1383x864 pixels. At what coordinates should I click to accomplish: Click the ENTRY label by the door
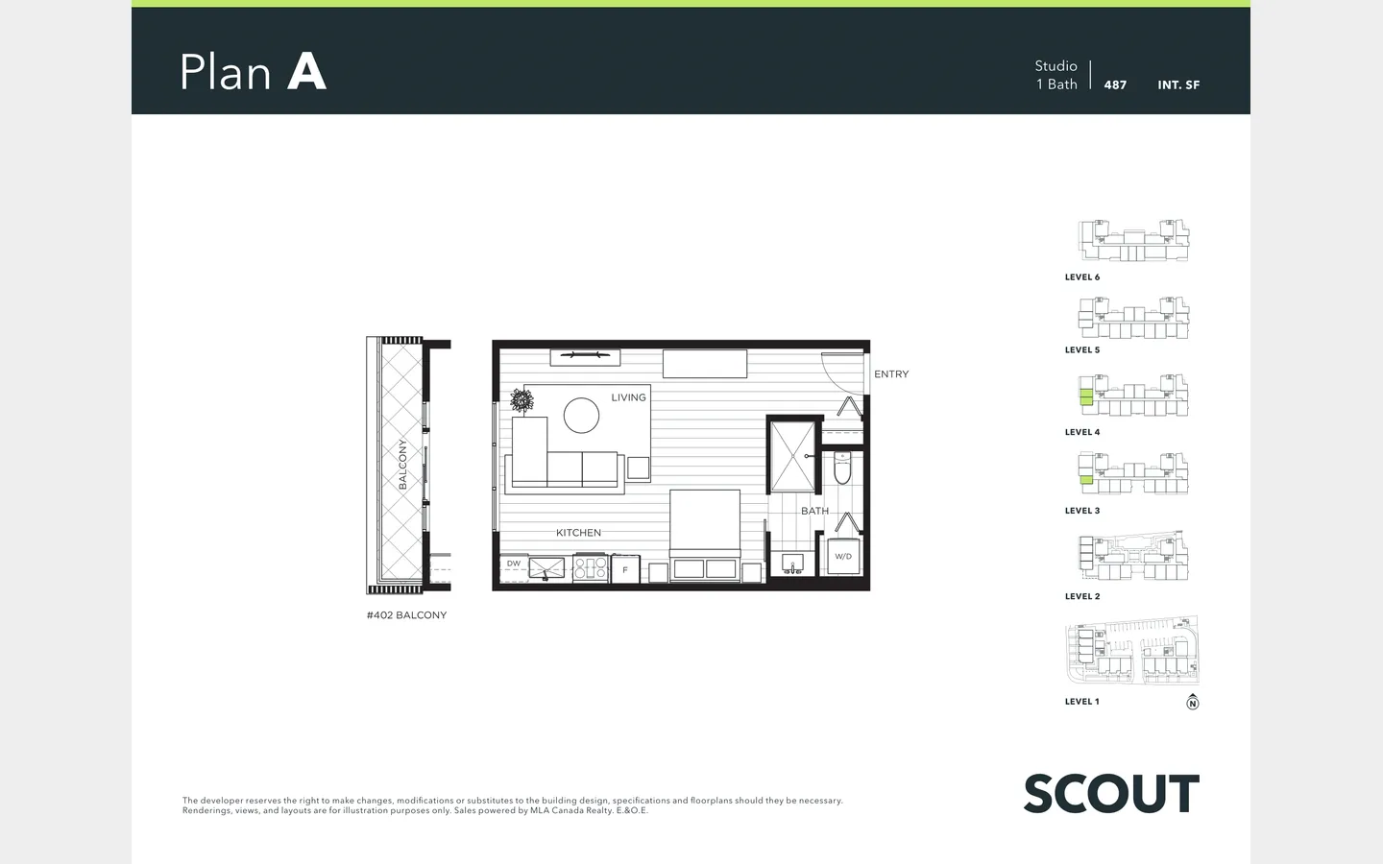click(x=891, y=374)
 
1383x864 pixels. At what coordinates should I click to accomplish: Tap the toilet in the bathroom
click(x=842, y=468)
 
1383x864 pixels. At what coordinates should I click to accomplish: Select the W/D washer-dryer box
click(x=843, y=556)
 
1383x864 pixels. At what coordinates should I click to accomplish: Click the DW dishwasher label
click(x=514, y=564)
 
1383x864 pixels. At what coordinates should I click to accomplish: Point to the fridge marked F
click(x=625, y=569)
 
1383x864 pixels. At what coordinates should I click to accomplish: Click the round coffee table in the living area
click(x=581, y=416)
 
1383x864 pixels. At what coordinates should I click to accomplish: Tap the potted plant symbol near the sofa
click(x=522, y=400)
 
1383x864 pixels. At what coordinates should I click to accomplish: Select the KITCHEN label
click(x=578, y=533)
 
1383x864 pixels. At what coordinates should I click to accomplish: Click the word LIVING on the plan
click(x=628, y=397)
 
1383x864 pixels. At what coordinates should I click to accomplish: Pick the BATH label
click(x=815, y=511)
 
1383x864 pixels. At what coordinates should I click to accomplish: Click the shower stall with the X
click(x=793, y=456)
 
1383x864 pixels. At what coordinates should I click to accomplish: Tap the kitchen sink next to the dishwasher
click(x=546, y=568)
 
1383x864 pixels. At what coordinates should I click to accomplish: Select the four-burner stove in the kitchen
click(x=591, y=568)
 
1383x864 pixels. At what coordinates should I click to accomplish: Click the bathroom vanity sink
click(x=792, y=564)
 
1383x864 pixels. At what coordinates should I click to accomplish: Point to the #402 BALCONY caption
click(x=407, y=615)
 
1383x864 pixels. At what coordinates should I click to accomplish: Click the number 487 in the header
click(x=1115, y=85)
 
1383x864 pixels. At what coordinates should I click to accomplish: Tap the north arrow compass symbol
click(x=1192, y=702)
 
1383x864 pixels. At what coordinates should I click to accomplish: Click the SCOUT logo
click(x=1111, y=794)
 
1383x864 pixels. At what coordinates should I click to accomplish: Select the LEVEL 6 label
click(x=1082, y=277)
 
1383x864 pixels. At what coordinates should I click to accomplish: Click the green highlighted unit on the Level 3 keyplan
click(x=1086, y=480)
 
